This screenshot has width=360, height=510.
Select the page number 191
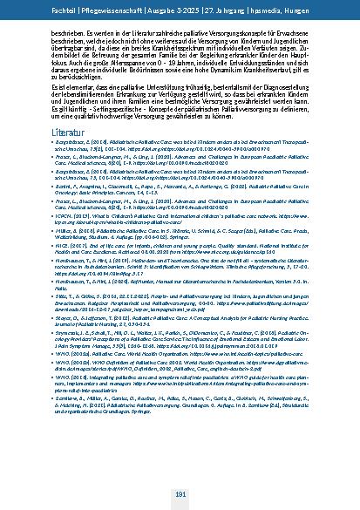(x=180, y=493)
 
